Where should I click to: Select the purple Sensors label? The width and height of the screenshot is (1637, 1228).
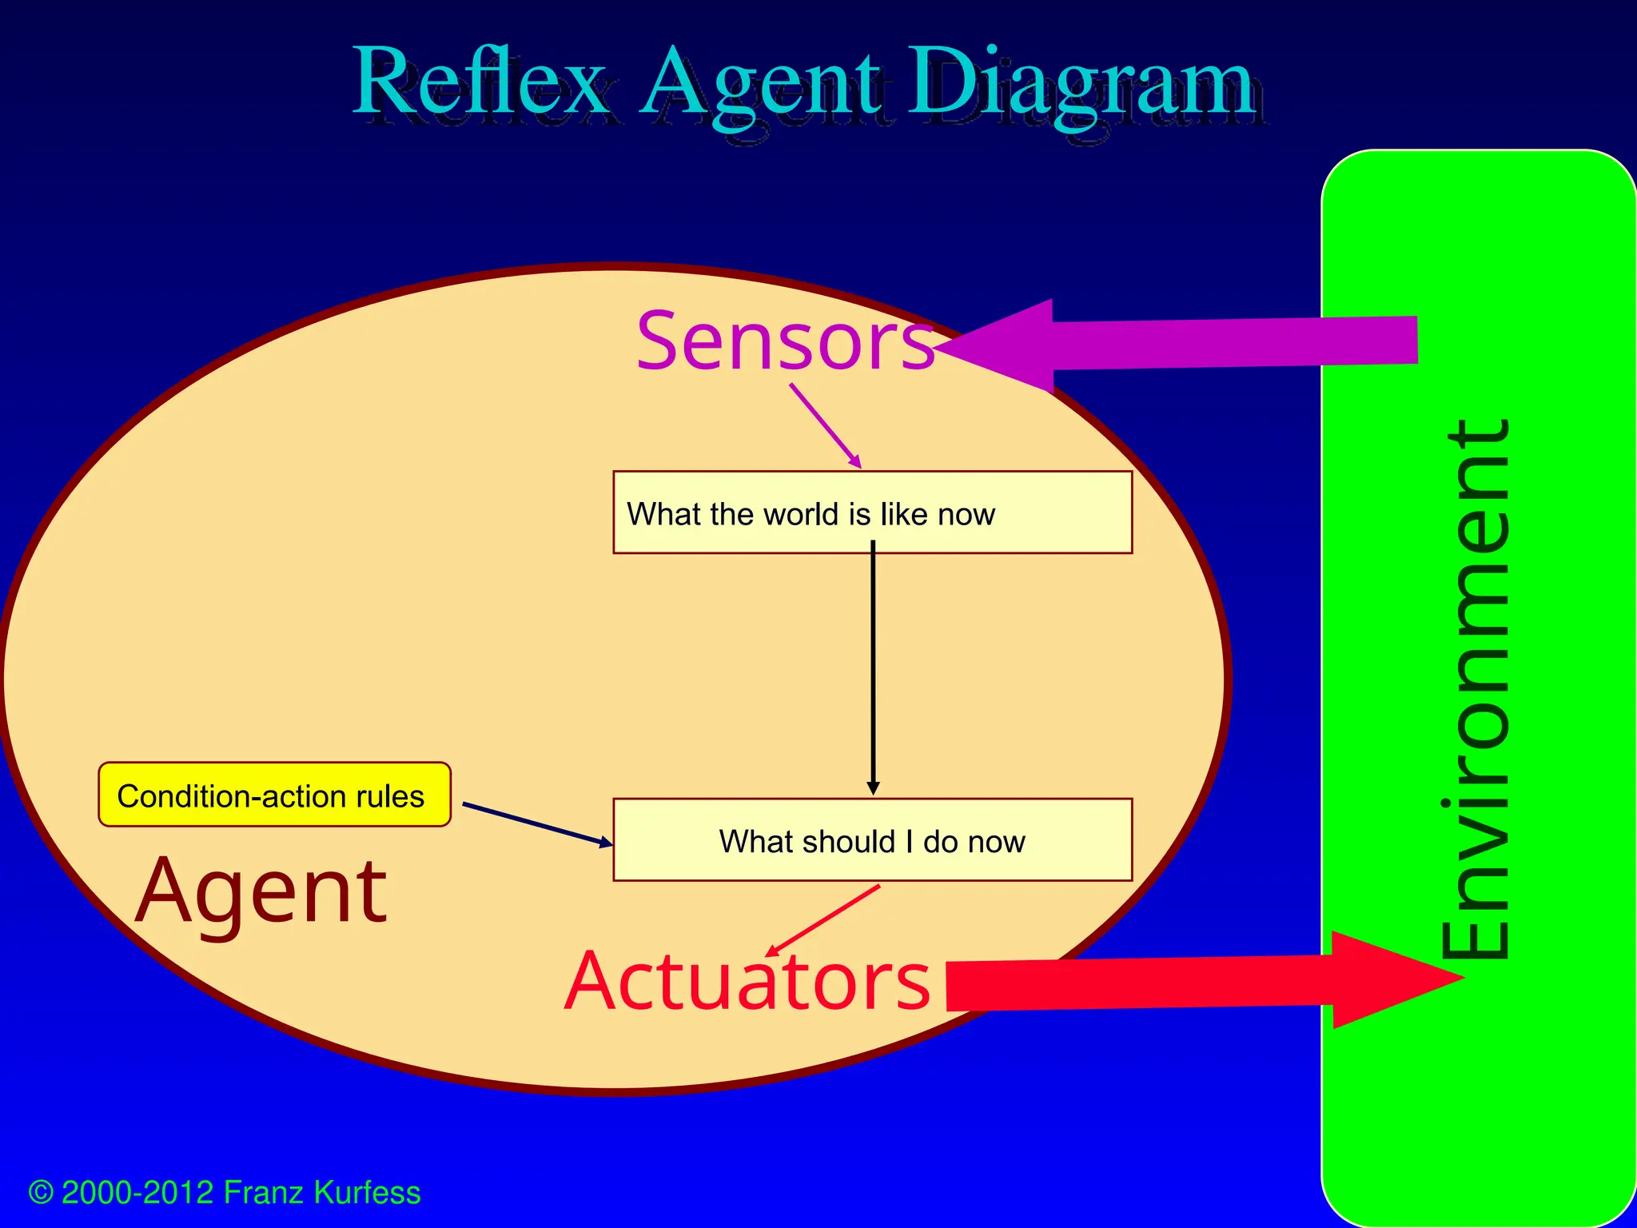pos(785,342)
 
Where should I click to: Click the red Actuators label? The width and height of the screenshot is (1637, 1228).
pos(747,981)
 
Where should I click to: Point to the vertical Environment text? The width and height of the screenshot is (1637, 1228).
pos(1477,688)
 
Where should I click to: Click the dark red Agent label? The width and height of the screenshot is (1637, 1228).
pos(261,890)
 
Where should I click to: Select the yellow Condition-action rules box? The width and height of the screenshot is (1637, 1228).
pos(274,795)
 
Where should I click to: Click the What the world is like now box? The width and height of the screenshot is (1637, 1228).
pos(872,512)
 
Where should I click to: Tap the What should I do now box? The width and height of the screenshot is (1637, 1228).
pos(872,840)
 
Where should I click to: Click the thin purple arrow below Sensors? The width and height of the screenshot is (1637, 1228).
pos(825,425)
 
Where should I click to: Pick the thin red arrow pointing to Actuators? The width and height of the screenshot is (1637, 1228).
pos(823,920)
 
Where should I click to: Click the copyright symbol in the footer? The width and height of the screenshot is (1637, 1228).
pos(41,1193)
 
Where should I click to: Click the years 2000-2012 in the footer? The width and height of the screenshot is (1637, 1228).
pos(137,1193)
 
